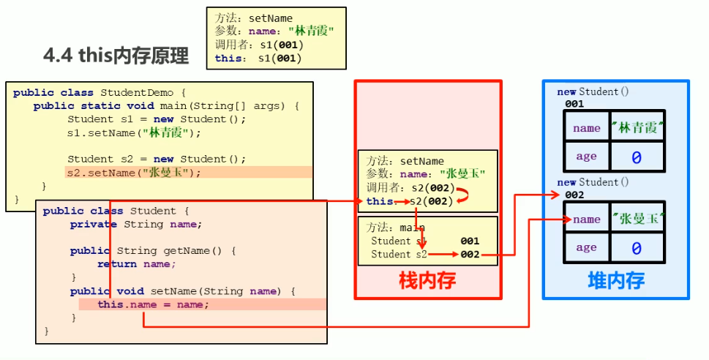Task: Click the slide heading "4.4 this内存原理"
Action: click(x=116, y=56)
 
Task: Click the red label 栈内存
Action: click(x=427, y=281)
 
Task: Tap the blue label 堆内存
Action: click(x=616, y=281)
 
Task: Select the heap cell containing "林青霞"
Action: click(x=637, y=128)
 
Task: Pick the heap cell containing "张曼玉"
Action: click(x=637, y=219)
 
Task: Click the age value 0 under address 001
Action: click(x=637, y=157)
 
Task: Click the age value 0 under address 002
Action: click(x=637, y=248)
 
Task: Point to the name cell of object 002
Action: click(x=587, y=219)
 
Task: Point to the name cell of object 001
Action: click(x=587, y=128)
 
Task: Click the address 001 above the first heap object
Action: click(x=574, y=105)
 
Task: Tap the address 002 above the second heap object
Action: click(x=574, y=195)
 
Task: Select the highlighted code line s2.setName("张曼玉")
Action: click(x=133, y=173)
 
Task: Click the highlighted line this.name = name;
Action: click(x=153, y=304)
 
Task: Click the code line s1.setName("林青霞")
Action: click(x=133, y=133)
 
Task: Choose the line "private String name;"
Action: click(x=136, y=225)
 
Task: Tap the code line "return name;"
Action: click(x=137, y=264)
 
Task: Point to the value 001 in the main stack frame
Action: click(x=470, y=241)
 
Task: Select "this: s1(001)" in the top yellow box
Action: click(x=258, y=59)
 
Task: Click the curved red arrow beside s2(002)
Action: click(x=462, y=194)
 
